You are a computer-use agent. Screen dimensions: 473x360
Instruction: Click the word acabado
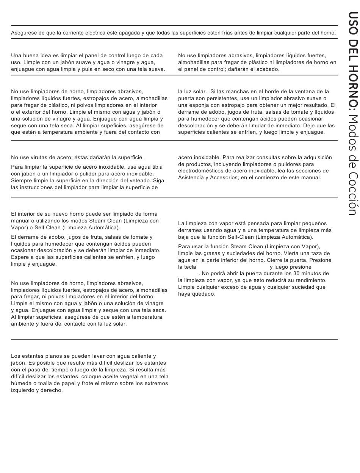(x=267, y=69)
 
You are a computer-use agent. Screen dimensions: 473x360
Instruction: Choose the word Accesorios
(x=224, y=178)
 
